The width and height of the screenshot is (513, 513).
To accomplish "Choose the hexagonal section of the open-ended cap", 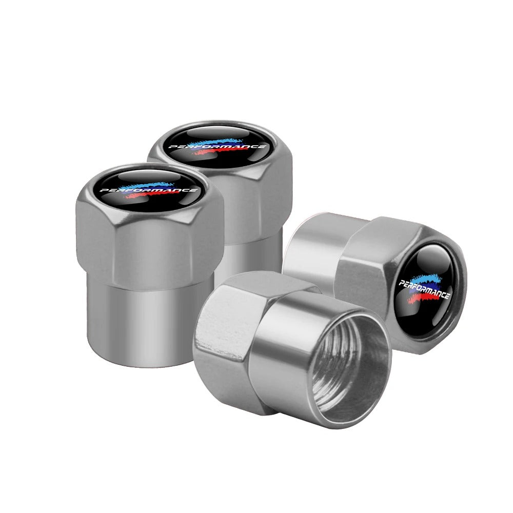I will [231, 328].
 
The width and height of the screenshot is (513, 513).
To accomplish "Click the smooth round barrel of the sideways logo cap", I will [313, 246].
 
